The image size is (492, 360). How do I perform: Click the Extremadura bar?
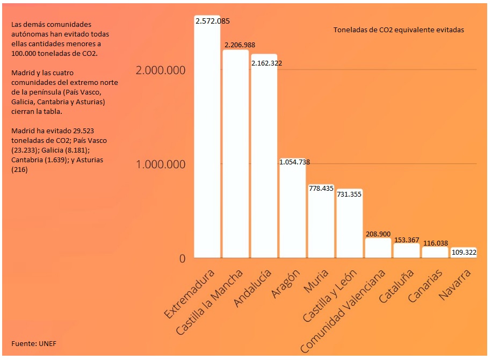click(x=207, y=140)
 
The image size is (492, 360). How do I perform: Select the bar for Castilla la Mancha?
click(x=236, y=156)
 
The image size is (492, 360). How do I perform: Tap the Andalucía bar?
click(x=264, y=159)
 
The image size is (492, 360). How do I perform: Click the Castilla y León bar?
click(x=350, y=226)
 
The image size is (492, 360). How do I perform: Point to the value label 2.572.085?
click(x=213, y=21)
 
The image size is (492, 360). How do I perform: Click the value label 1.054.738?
click(x=294, y=162)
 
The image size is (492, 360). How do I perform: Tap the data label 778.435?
click(x=321, y=188)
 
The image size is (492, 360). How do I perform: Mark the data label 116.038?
click(x=435, y=243)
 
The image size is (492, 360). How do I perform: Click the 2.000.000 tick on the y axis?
click(x=161, y=70)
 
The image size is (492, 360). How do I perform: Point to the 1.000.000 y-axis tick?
click(x=161, y=164)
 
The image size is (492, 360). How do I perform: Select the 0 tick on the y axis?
click(x=182, y=258)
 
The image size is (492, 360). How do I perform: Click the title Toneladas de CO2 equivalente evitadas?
click(x=399, y=30)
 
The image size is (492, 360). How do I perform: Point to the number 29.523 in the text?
click(x=82, y=131)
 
